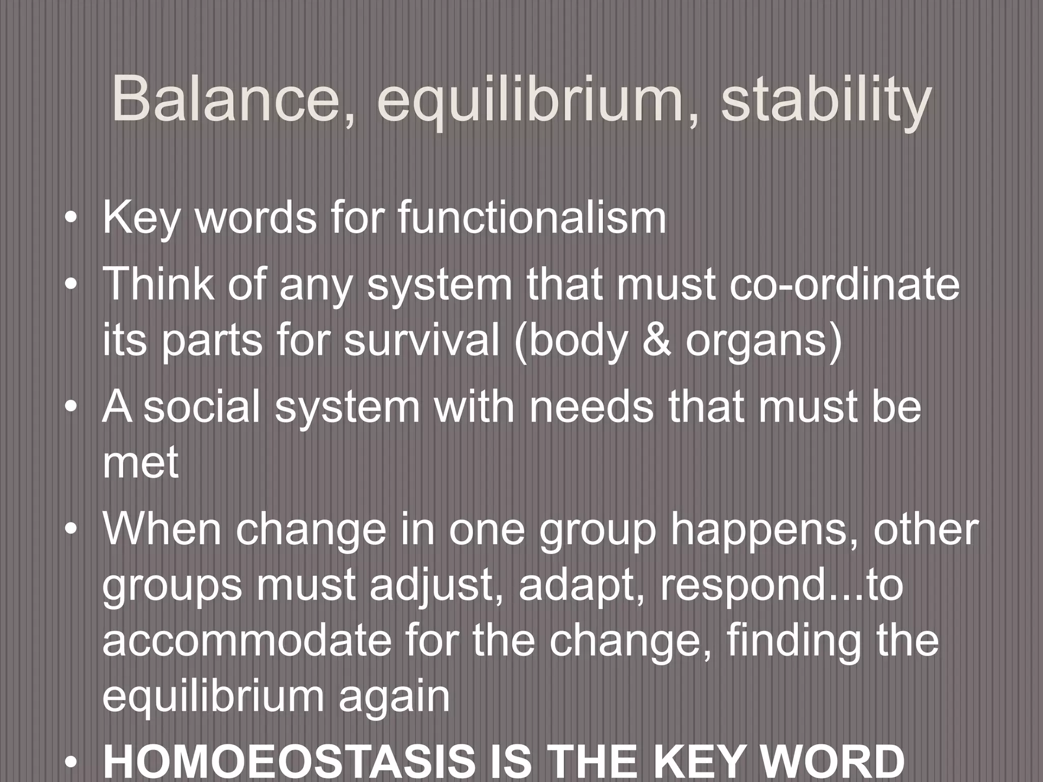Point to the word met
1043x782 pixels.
(140, 463)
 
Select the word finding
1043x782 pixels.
(808, 640)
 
